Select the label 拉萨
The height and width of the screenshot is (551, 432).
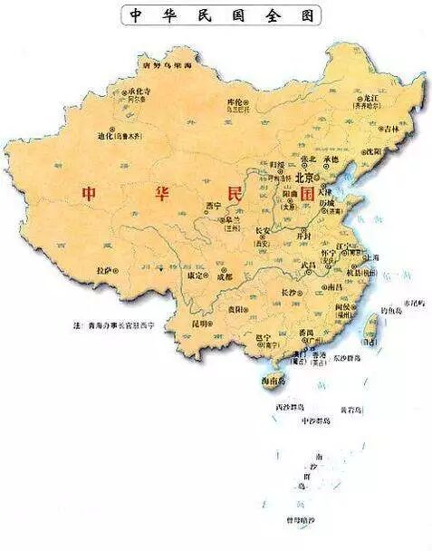coord(106,269)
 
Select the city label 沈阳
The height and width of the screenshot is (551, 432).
coord(373,150)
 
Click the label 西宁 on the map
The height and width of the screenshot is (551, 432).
coord(215,205)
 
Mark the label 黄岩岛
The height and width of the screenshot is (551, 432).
coord(351,410)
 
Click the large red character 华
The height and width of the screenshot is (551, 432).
coord(168,193)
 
